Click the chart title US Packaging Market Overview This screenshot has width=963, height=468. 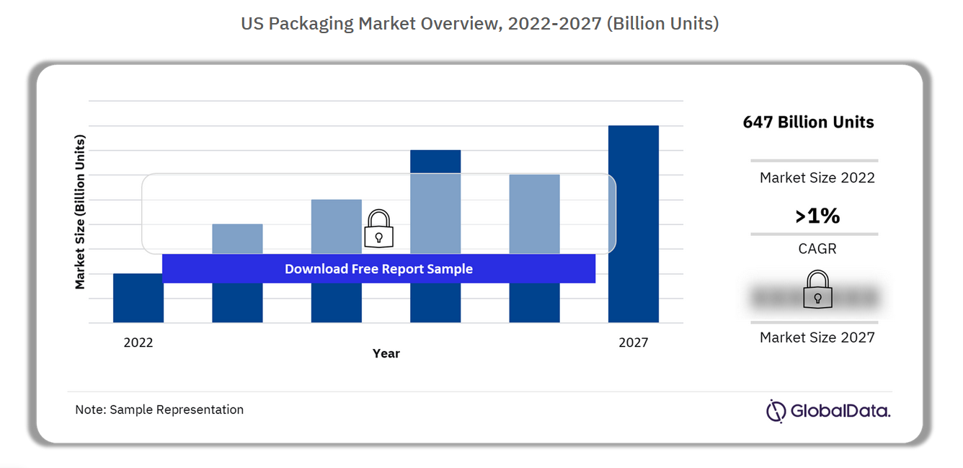(x=479, y=24)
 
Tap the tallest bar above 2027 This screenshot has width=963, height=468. (x=633, y=224)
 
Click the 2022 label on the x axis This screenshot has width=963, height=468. (x=138, y=343)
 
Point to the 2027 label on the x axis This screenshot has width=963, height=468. (x=633, y=343)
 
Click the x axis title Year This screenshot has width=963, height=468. (x=386, y=353)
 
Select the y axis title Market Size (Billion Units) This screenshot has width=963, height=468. (x=80, y=212)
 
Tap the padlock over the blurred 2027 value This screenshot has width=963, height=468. (x=817, y=290)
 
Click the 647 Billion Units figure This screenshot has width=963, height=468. (x=808, y=122)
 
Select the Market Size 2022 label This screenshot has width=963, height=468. (x=817, y=177)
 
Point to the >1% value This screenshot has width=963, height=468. (x=817, y=216)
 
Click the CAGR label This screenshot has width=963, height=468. (x=817, y=249)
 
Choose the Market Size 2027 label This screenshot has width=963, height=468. (x=817, y=337)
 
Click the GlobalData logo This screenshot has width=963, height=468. (x=827, y=411)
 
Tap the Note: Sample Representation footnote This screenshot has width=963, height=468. (x=159, y=410)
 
